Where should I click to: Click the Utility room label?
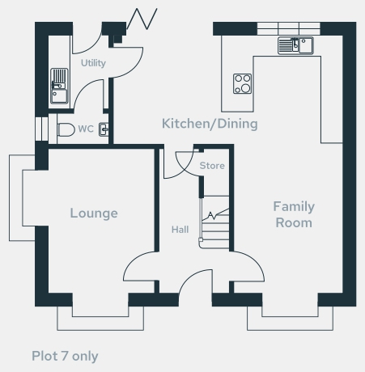(x=93, y=63)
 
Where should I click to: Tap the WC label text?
(x=86, y=129)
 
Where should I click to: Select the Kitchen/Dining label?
(x=210, y=124)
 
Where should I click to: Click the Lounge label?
(x=94, y=213)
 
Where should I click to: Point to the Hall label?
(x=180, y=230)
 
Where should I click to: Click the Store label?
(x=212, y=166)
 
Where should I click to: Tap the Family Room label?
(x=294, y=214)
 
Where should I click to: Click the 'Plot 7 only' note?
(x=65, y=356)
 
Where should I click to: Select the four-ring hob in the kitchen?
(x=242, y=83)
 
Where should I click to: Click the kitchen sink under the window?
(x=295, y=45)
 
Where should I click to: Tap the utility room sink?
(x=59, y=86)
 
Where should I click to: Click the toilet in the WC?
(x=66, y=129)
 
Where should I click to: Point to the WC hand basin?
(x=104, y=129)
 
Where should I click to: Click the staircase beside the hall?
(x=214, y=222)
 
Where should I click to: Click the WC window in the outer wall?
(x=42, y=129)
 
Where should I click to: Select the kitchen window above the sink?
(x=288, y=28)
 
